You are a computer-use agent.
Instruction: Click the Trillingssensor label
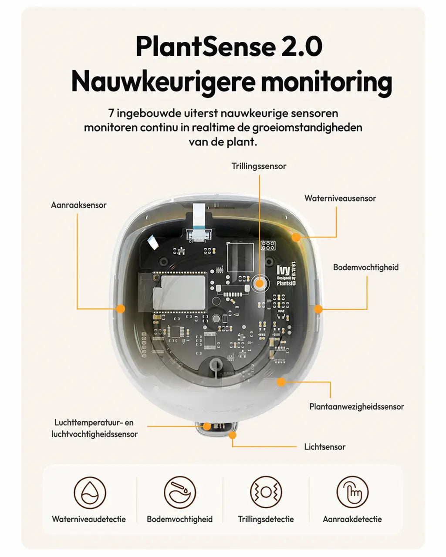[x=259, y=166]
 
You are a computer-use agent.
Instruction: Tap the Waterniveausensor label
[x=340, y=198]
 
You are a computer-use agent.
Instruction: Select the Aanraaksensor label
[x=79, y=205]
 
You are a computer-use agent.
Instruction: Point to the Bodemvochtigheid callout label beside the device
[x=366, y=267]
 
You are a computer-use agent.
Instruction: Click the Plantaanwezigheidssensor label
[x=357, y=406]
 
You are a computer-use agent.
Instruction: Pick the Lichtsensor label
[x=325, y=447]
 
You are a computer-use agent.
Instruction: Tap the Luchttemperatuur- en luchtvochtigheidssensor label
[x=95, y=428]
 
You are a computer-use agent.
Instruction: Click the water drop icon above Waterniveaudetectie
[x=90, y=492]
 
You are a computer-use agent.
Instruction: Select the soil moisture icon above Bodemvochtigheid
[x=180, y=492]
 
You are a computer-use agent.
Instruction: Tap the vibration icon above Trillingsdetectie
[x=266, y=492]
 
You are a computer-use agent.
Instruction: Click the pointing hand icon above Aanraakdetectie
[x=352, y=492]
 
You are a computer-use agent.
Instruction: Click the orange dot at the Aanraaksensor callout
[x=121, y=309]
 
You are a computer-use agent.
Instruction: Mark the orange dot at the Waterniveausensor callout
[x=296, y=237]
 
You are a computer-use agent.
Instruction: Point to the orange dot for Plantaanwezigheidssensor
[x=281, y=382]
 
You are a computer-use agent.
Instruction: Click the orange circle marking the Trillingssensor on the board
[x=259, y=283]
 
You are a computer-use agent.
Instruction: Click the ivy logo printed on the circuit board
[x=284, y=270]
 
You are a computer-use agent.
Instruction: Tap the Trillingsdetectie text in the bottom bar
[x=266, y=519]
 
